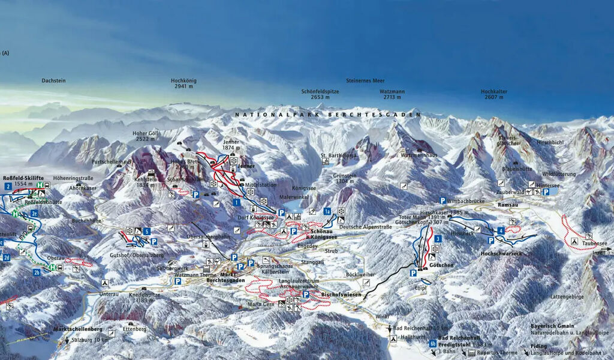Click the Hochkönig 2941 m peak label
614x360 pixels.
[183, 83]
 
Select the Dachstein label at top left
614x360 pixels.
[53, 80]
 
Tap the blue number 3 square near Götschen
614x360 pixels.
[438, 239]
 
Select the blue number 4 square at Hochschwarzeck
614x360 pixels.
[500, 230]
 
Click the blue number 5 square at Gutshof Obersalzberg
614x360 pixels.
[147, 231]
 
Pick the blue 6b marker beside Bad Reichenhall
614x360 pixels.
[433, 344]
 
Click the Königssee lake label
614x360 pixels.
[303, 188]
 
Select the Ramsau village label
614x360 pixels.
[508, 205]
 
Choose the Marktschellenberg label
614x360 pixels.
[77, 329]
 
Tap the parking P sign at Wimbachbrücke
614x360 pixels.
[443, 200]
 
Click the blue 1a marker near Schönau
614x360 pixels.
[327, 211]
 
